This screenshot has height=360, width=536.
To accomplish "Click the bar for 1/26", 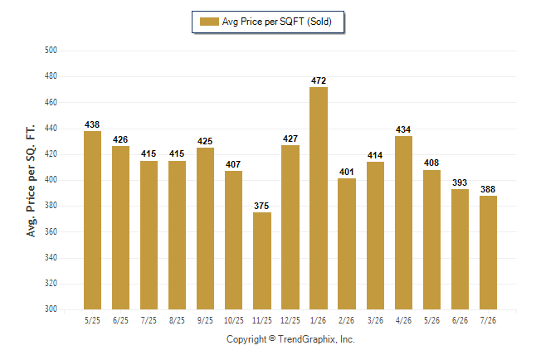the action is pyautogui.click(x=319, y=198).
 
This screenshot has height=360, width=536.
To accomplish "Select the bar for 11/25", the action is pyautogui.click(x=262, y=260).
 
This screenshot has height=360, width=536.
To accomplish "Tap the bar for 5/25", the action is pyautogui.click(x=92, y=220).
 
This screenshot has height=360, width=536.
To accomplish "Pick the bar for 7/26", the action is pyautogui.click(x=488, y=253).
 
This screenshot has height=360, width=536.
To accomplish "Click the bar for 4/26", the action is pyautogui.click(x=403, y=223).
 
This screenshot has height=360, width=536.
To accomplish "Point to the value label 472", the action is pyautogui.click(x=319, y=80).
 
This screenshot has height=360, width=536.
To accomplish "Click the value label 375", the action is pyautogui.click(x=261, y=206).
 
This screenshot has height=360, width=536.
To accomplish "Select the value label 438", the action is pyautogui.click(x=92, y=124).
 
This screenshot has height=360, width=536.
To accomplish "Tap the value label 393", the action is pyautogui.click(x=460, y=182).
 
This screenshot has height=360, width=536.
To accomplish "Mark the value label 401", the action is pyautogui.click(x=347, y=172).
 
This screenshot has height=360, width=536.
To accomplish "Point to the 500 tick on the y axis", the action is pyautogui.click(x=51, y=51).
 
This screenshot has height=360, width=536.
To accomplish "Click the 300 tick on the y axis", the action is pyautogui.click(x=51, y=309).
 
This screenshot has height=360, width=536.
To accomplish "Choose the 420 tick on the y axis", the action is pyautogui.click(x=51, y=153).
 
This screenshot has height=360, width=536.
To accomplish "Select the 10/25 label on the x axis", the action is pyautogui.click(x=234, y=320).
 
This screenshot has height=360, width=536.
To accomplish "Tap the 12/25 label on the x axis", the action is pyautogui.click(x=290, y=320).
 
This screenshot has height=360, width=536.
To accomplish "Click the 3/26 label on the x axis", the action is pyautogui.click(x=375, y=320).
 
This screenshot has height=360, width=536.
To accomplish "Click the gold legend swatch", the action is pyautogui.click(x=209, y=22).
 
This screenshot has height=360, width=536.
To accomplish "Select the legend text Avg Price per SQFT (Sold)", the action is pyautogui.click(x=277, y=22).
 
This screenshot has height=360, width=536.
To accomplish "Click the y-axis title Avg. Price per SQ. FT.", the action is pyautogui.click(x=31, y=181).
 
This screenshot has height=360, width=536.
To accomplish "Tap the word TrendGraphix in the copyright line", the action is pyautogui.click(x=307, y=339).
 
